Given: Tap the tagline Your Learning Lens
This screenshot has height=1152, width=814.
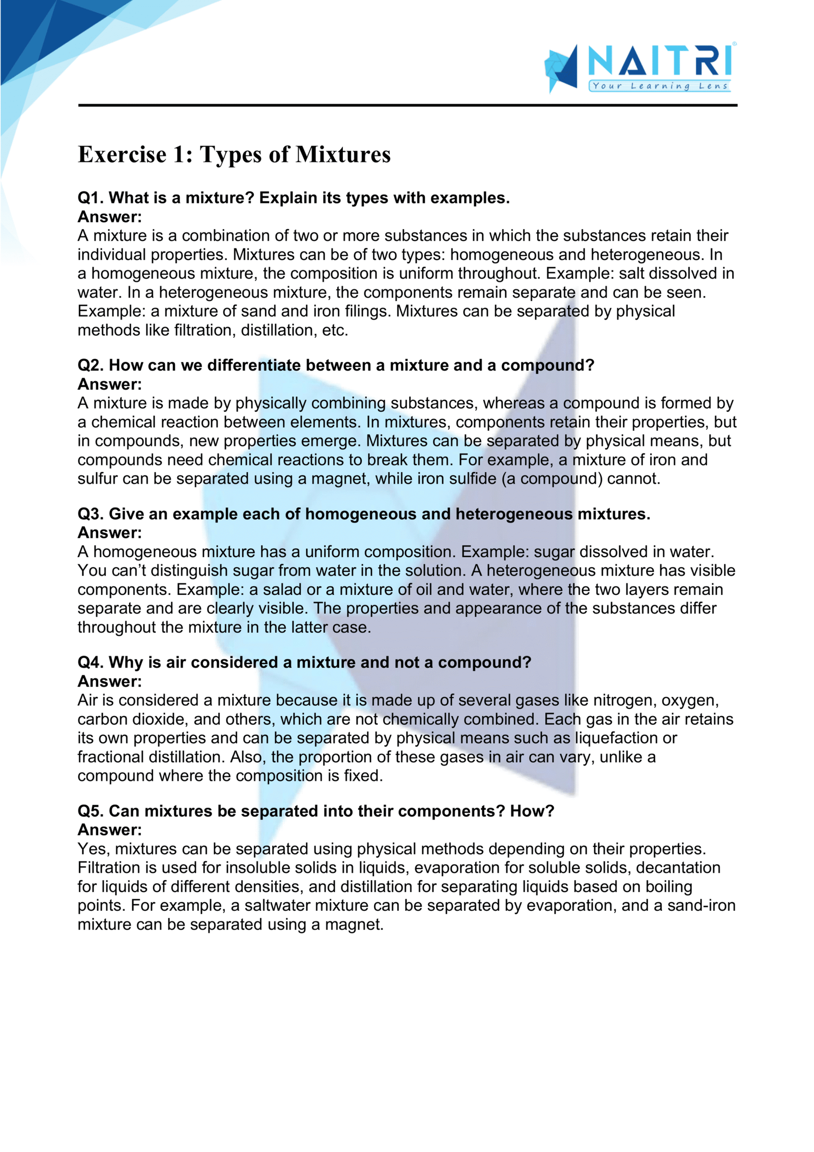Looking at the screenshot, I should coord(660,86).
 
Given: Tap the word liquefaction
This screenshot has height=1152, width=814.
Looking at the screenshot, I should coord(617,738).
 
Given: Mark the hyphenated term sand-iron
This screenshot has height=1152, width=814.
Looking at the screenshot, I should coord(702,905).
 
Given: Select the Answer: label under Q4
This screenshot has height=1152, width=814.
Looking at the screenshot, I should coord(109,681).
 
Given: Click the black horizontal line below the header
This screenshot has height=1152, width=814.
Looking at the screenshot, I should coord(407,105).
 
